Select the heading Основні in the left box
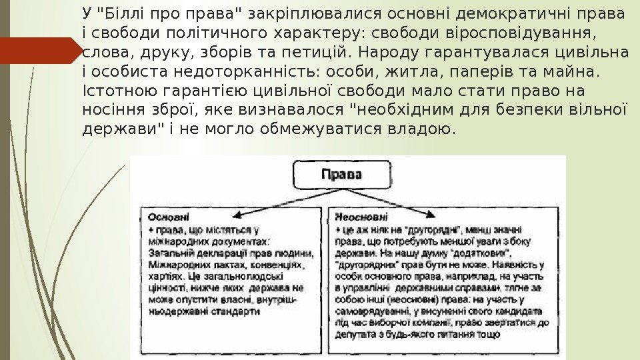click(168, 217)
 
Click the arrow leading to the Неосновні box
click(413, 204)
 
